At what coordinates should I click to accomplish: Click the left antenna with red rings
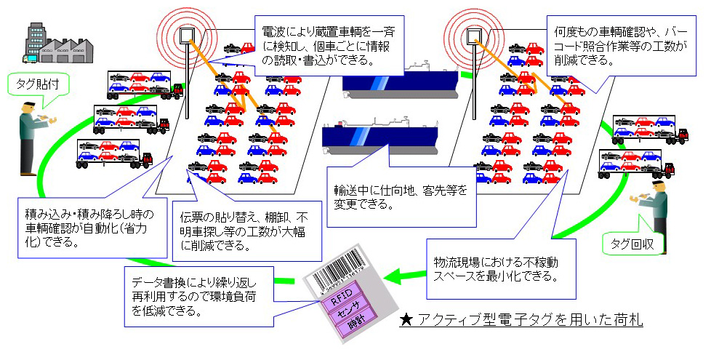click(x=188, y=36)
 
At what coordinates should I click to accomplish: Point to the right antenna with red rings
click(x=474, y=36)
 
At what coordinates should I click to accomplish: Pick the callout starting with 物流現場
click(x=495, y=267)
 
